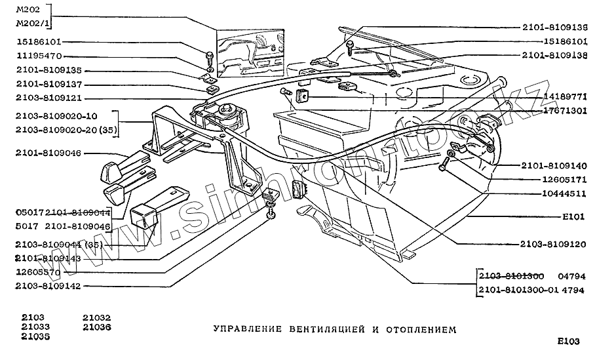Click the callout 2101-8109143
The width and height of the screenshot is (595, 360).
(x=49, y=258)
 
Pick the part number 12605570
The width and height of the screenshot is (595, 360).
(x=37, y=271)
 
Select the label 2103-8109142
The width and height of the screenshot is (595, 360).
(x=49, y=285)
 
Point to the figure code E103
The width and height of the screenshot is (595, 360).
(x=568, y=341)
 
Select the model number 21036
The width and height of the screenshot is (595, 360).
(x=96, y=327)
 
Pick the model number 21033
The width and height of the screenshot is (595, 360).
(x=34, y=327)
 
